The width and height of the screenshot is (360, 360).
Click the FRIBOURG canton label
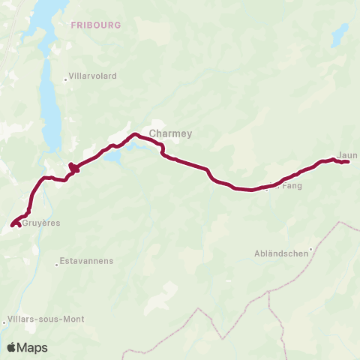pos(95,25)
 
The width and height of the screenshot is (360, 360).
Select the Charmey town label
pos(170,133)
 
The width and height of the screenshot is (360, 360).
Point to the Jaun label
pos(347,155)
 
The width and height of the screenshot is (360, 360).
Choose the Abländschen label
pos(282,253)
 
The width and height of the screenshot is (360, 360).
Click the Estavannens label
pos(88,261)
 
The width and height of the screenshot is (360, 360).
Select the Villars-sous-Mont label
pos(46,319)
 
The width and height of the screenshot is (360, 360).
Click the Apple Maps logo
pos(27,347)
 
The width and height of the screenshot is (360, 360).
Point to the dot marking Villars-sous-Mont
pos(4,321)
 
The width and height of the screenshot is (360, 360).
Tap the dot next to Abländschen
pos(310,252)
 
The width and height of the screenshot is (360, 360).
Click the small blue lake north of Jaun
pos(340,34)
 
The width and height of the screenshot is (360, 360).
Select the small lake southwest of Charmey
pos(113,157)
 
